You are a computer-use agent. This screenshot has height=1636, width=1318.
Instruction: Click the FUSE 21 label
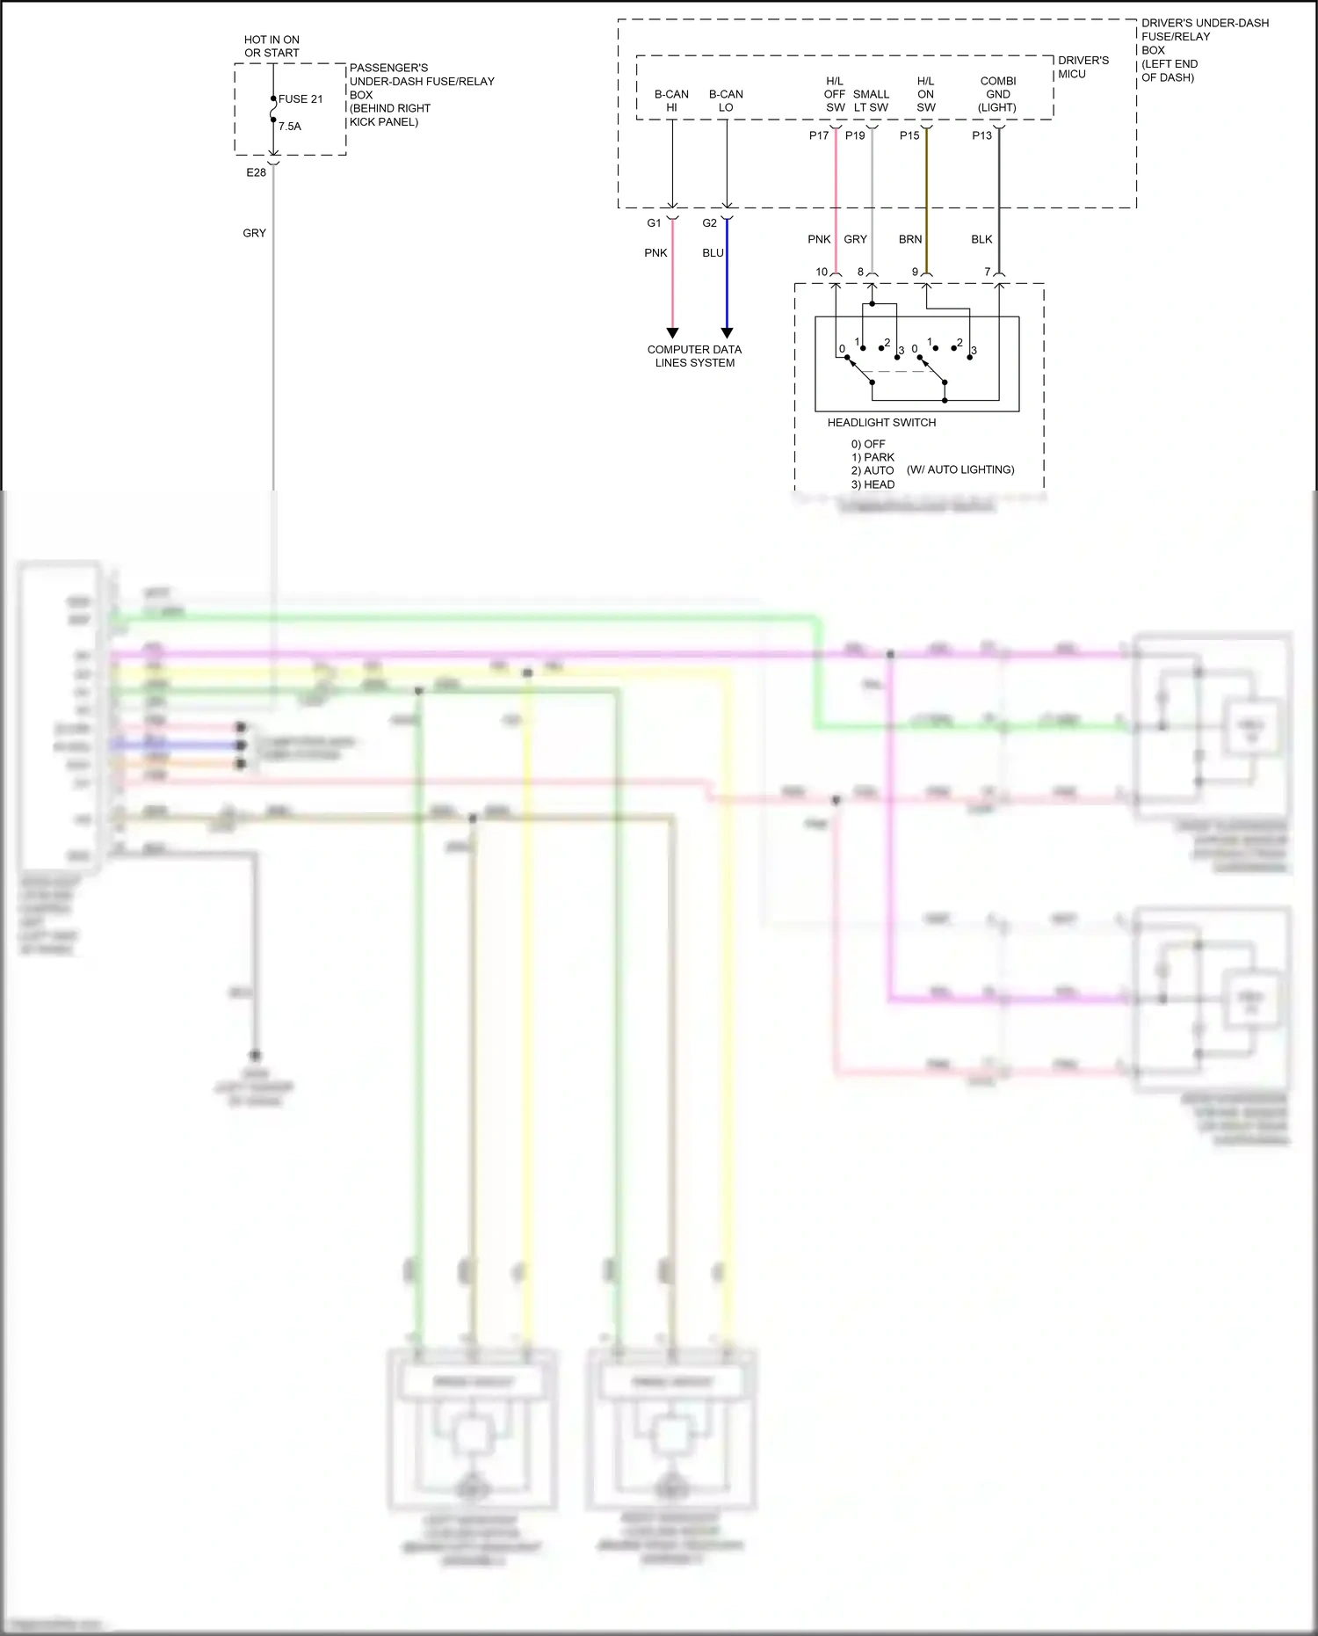[x=301, y=99]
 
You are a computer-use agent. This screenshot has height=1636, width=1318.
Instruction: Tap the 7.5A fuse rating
[x=290, y=127]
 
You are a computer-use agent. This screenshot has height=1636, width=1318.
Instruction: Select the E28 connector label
[x=256, y=173]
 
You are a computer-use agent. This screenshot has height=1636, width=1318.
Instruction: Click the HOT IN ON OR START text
[x=272, y=47]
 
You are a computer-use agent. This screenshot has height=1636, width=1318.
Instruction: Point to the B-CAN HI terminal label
[x=671, y=101]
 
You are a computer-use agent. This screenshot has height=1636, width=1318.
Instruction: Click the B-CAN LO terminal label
[x=726, y=101]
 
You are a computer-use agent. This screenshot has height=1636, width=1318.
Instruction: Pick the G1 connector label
[x=654, y=223]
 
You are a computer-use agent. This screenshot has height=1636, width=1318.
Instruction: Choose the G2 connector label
[x=709, y=223]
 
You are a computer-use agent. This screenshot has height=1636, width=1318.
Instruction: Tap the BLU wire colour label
[x=713, y=253]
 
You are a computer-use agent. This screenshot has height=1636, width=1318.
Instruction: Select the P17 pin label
[x=819, y=135]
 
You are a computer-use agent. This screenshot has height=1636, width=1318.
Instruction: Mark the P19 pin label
[x=855, y=135]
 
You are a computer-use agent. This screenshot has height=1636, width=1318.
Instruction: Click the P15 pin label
[x=909, y=135]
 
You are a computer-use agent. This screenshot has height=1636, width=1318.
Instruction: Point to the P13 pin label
[x=981, y=135]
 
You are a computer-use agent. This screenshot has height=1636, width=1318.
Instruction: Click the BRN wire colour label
[x=910, y=239]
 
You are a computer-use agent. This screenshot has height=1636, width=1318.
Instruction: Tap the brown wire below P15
[x=926, y=202]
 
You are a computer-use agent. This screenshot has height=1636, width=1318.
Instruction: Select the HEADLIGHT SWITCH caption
[x=881, y=423]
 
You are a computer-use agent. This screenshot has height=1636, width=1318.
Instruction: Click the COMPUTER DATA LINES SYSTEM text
[x=694, y=356]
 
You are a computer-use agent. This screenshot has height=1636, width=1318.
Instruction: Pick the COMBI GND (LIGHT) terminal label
[x=997, y=94]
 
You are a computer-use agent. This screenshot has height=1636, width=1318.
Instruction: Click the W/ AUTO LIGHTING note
[x=960, y=470]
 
